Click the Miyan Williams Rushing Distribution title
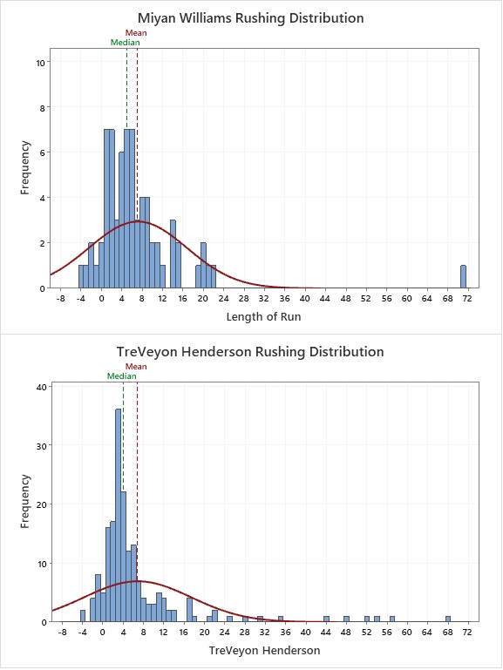[x=251, y=18]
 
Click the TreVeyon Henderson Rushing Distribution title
[x=250, y=352]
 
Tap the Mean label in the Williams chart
[x=136, y=33]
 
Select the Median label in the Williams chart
[x=126, y=43]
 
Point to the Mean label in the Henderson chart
[x=136, y=367]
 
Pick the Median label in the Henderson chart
[x=122, y=376]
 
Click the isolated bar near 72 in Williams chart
[x=463, y=277]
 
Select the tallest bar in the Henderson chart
[x=119, y=515]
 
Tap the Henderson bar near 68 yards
[x=448, y=619]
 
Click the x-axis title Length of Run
[x=263, y=316]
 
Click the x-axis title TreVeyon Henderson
[x=264, y=650]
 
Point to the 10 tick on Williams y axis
[x=41, y=63]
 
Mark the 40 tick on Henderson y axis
[x=41, y=387]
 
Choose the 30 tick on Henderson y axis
[x=41, y=446]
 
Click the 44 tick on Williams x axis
[x=325, y=298]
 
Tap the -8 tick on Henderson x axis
[x=63, y=632]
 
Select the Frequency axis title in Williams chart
[x=25, y=168]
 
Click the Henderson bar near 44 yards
[x=327, y=619]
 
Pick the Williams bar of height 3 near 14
[x=173, y=254]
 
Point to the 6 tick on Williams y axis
[x=43, y=153]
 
